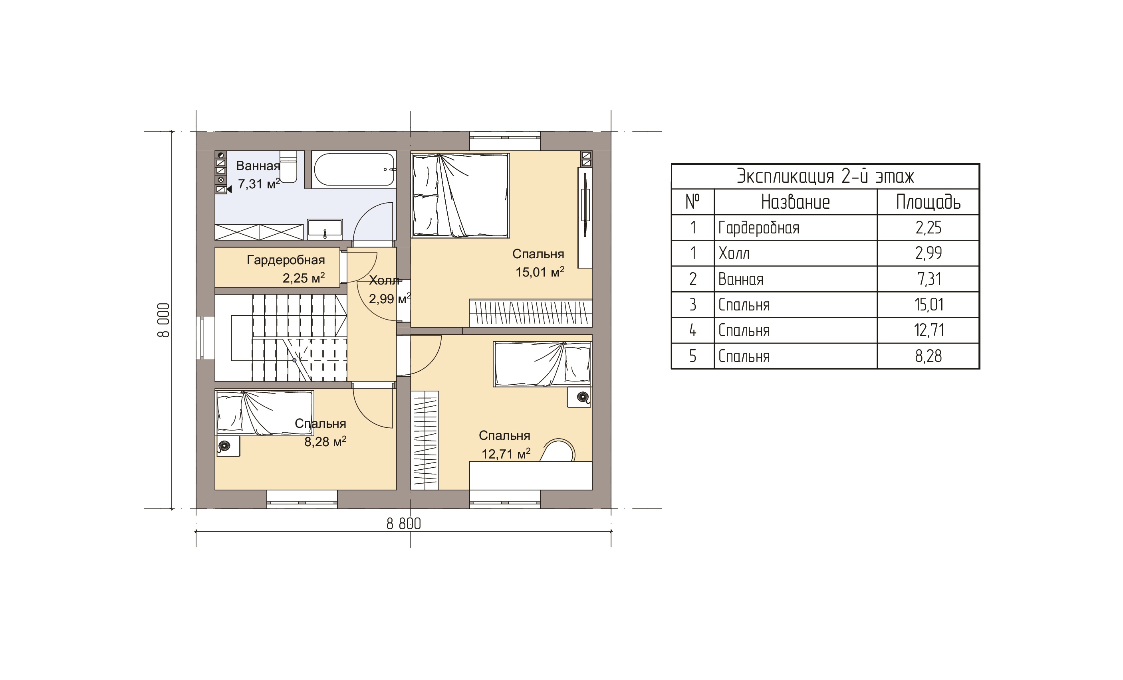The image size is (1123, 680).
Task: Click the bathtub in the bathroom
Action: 354,169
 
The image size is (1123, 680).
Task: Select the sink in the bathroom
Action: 325,229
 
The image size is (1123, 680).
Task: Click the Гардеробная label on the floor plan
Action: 286,260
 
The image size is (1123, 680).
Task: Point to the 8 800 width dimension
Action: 403,524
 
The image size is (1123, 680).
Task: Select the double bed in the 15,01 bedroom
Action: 460,195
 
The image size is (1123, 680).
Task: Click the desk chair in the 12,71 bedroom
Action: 558,451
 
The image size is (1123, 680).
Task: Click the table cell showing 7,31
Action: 929,279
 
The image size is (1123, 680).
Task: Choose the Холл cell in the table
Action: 734,253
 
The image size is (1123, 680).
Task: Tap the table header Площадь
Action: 929,202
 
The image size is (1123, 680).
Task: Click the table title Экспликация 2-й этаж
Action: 825,176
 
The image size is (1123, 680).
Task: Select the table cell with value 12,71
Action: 929,330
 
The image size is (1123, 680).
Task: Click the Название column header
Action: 795,202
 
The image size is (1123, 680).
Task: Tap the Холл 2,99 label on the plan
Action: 390,290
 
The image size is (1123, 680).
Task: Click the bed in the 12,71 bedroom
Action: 542,364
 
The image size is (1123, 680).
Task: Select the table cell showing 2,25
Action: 929,228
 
